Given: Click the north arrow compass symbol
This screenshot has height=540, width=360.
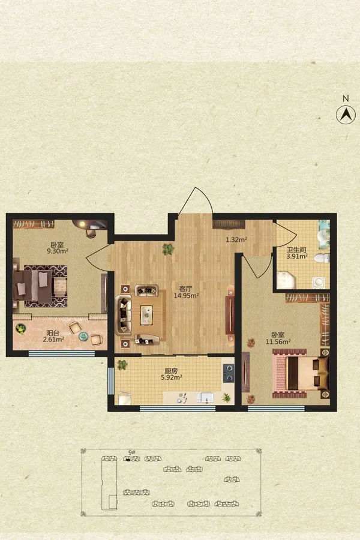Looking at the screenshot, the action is tap(346, 115).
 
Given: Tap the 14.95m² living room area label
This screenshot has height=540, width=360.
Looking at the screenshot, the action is tap(187, 295).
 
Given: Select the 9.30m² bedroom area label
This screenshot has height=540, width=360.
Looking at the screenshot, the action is tap(58, 251).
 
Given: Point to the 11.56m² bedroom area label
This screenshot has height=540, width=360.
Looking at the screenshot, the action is tap(278, 341).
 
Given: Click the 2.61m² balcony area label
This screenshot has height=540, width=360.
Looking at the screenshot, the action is tap(54, 339).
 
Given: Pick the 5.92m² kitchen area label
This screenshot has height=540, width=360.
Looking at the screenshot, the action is tap(172, 377).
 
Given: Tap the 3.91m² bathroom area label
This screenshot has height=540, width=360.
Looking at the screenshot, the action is tap(297, 256).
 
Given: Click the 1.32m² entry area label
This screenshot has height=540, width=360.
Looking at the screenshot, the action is tap(236, 239).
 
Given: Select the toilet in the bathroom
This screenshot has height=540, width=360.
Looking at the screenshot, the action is tap(322, 258).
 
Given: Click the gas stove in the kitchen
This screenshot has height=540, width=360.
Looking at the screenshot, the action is tap(229, 373).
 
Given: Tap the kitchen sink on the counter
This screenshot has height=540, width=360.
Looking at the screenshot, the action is tap(205, 398).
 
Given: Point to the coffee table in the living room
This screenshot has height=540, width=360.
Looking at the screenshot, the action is tap(146, 315).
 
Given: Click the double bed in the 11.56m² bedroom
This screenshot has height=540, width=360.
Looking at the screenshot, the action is tap(301, 373).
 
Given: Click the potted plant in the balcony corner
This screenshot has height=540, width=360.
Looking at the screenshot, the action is tap(20, 329).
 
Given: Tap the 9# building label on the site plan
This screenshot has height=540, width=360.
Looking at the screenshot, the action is tap(131, 452).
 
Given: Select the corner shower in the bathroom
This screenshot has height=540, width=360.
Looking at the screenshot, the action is tap(286, 280).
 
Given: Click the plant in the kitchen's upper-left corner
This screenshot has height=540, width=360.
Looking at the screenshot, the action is tap(122, 365).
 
